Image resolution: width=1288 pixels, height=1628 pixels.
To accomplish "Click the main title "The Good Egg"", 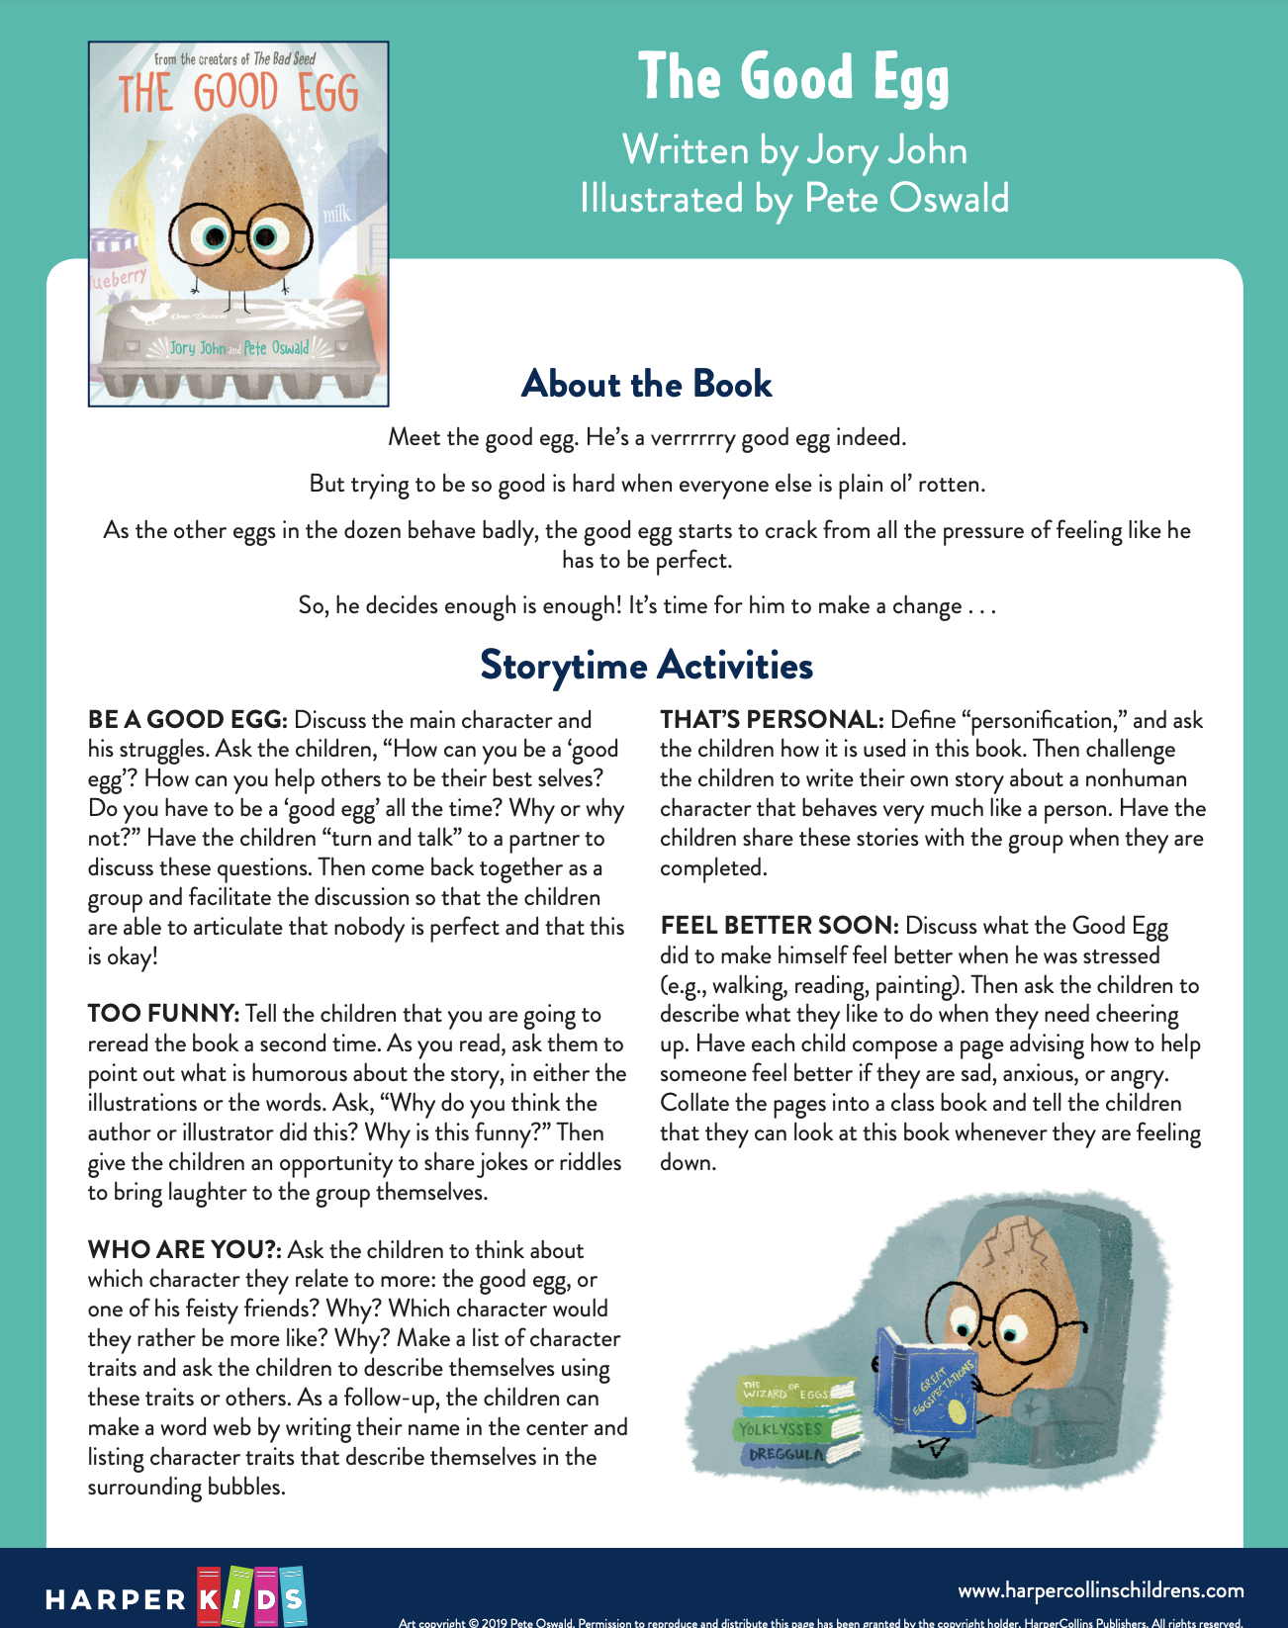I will [x=793, y=78].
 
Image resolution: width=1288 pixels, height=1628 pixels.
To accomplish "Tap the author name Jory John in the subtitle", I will [x=886, y=150].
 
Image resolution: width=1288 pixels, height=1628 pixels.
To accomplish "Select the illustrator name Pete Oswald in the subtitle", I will [x=906, y=199].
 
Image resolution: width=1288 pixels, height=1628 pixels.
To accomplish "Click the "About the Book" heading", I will [x=646, y=384].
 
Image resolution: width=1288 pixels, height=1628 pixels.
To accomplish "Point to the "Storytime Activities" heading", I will [x=646, y=665].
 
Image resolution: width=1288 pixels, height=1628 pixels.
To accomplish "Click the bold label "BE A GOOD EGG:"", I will [x=187, y=720].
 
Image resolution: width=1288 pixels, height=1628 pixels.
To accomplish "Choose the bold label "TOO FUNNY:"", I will [x=163, y=1014].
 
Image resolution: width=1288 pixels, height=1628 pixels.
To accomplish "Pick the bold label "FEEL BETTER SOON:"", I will [x=780, y=926].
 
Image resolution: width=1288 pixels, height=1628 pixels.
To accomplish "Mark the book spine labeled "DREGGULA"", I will [x=786, y=1455].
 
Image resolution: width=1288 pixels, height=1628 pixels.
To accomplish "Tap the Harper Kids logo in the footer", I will [x=176, y=1596].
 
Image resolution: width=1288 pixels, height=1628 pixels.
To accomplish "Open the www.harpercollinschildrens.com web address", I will [x=1100, y=1590].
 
